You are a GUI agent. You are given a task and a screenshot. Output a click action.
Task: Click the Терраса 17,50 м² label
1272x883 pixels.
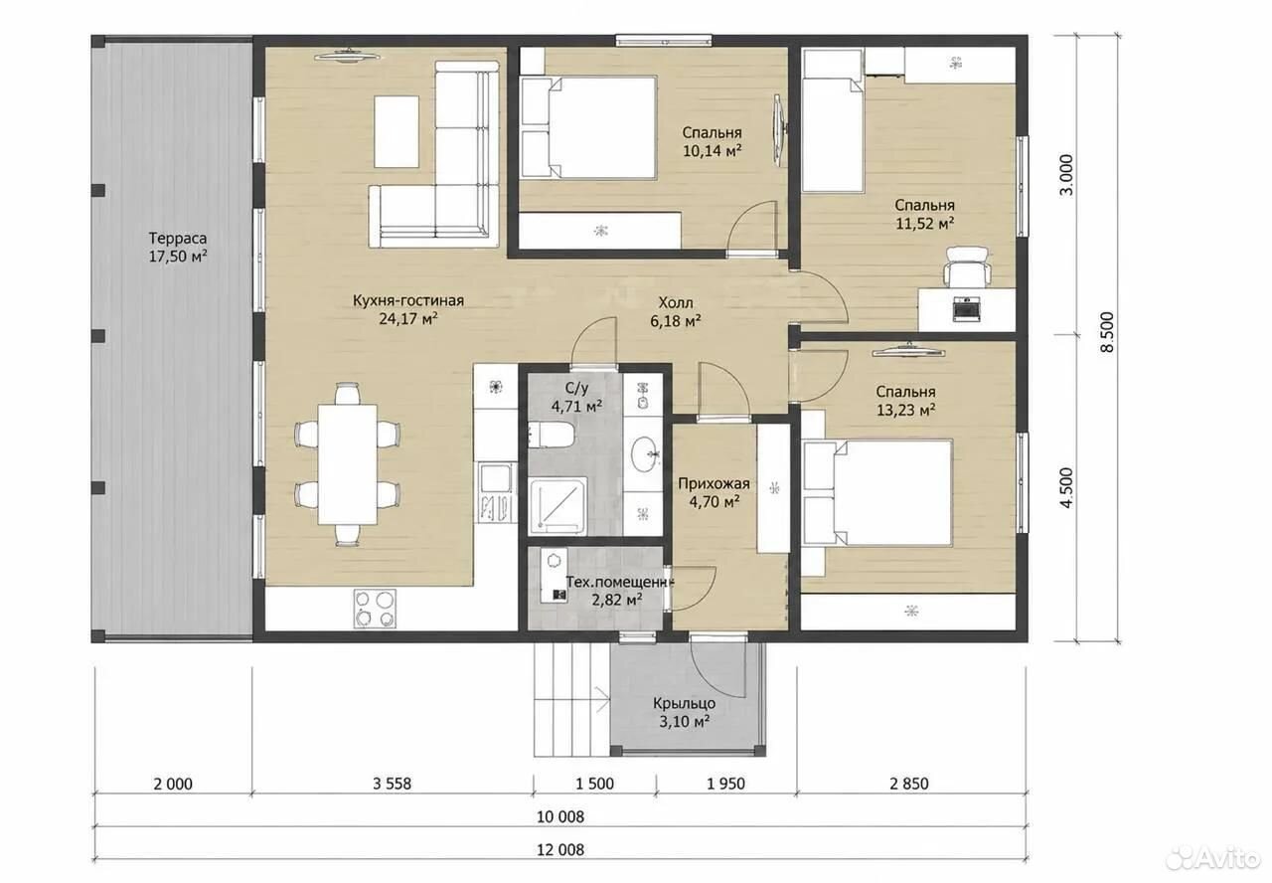coord(178,248)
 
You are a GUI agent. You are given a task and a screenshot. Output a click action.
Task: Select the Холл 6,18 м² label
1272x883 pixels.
coord(675,312)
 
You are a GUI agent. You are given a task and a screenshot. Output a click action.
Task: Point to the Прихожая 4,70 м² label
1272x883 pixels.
coord(714,492)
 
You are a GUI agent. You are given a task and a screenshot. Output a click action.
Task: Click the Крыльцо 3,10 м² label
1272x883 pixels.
coord(684,712)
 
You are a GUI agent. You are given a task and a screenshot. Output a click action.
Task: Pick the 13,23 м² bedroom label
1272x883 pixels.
coord(905,401)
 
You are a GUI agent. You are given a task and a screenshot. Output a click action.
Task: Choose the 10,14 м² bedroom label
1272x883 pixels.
coord(713,141)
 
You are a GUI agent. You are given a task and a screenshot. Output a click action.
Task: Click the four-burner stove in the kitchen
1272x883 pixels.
coord(375,609)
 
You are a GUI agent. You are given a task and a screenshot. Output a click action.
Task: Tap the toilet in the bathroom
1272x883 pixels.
coord(551,435)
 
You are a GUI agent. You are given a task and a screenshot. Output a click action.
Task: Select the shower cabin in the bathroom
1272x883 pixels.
coord(557,506)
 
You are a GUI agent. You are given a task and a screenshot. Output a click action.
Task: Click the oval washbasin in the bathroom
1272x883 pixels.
coord(646,454)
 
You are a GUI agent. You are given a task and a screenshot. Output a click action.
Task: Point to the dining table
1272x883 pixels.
coord(347,464)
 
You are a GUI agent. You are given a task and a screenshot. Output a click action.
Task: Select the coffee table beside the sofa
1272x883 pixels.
coord(397,131)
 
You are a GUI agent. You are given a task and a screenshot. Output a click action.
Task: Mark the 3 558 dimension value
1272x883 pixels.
coord(392,784)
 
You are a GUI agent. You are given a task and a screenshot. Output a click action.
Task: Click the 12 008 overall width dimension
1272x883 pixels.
coord(560,849)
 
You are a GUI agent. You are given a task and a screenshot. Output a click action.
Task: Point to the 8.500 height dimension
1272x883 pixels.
coord(1108,332)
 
